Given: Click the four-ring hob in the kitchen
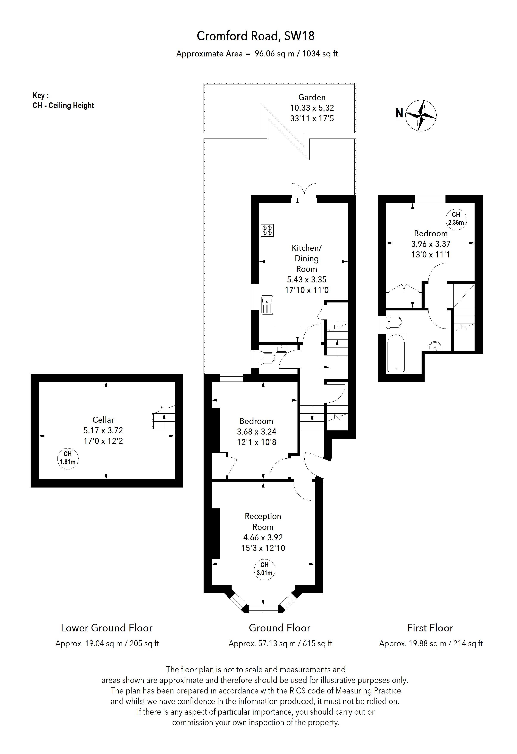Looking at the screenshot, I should (267, 230).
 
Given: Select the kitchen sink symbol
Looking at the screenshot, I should (267, 305).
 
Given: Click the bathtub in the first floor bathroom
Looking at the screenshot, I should (396, 353).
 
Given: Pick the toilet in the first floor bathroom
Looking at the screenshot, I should (394, 322).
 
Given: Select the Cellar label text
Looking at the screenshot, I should (103, 420).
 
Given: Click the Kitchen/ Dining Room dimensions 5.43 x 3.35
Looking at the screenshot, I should (307, 280).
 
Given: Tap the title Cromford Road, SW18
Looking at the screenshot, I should (255, 36).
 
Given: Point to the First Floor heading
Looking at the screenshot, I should (430, 628).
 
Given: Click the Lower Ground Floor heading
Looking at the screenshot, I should (106, 628).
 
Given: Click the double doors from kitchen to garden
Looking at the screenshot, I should (304, 192).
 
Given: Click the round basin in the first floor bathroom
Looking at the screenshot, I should (435, 346).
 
